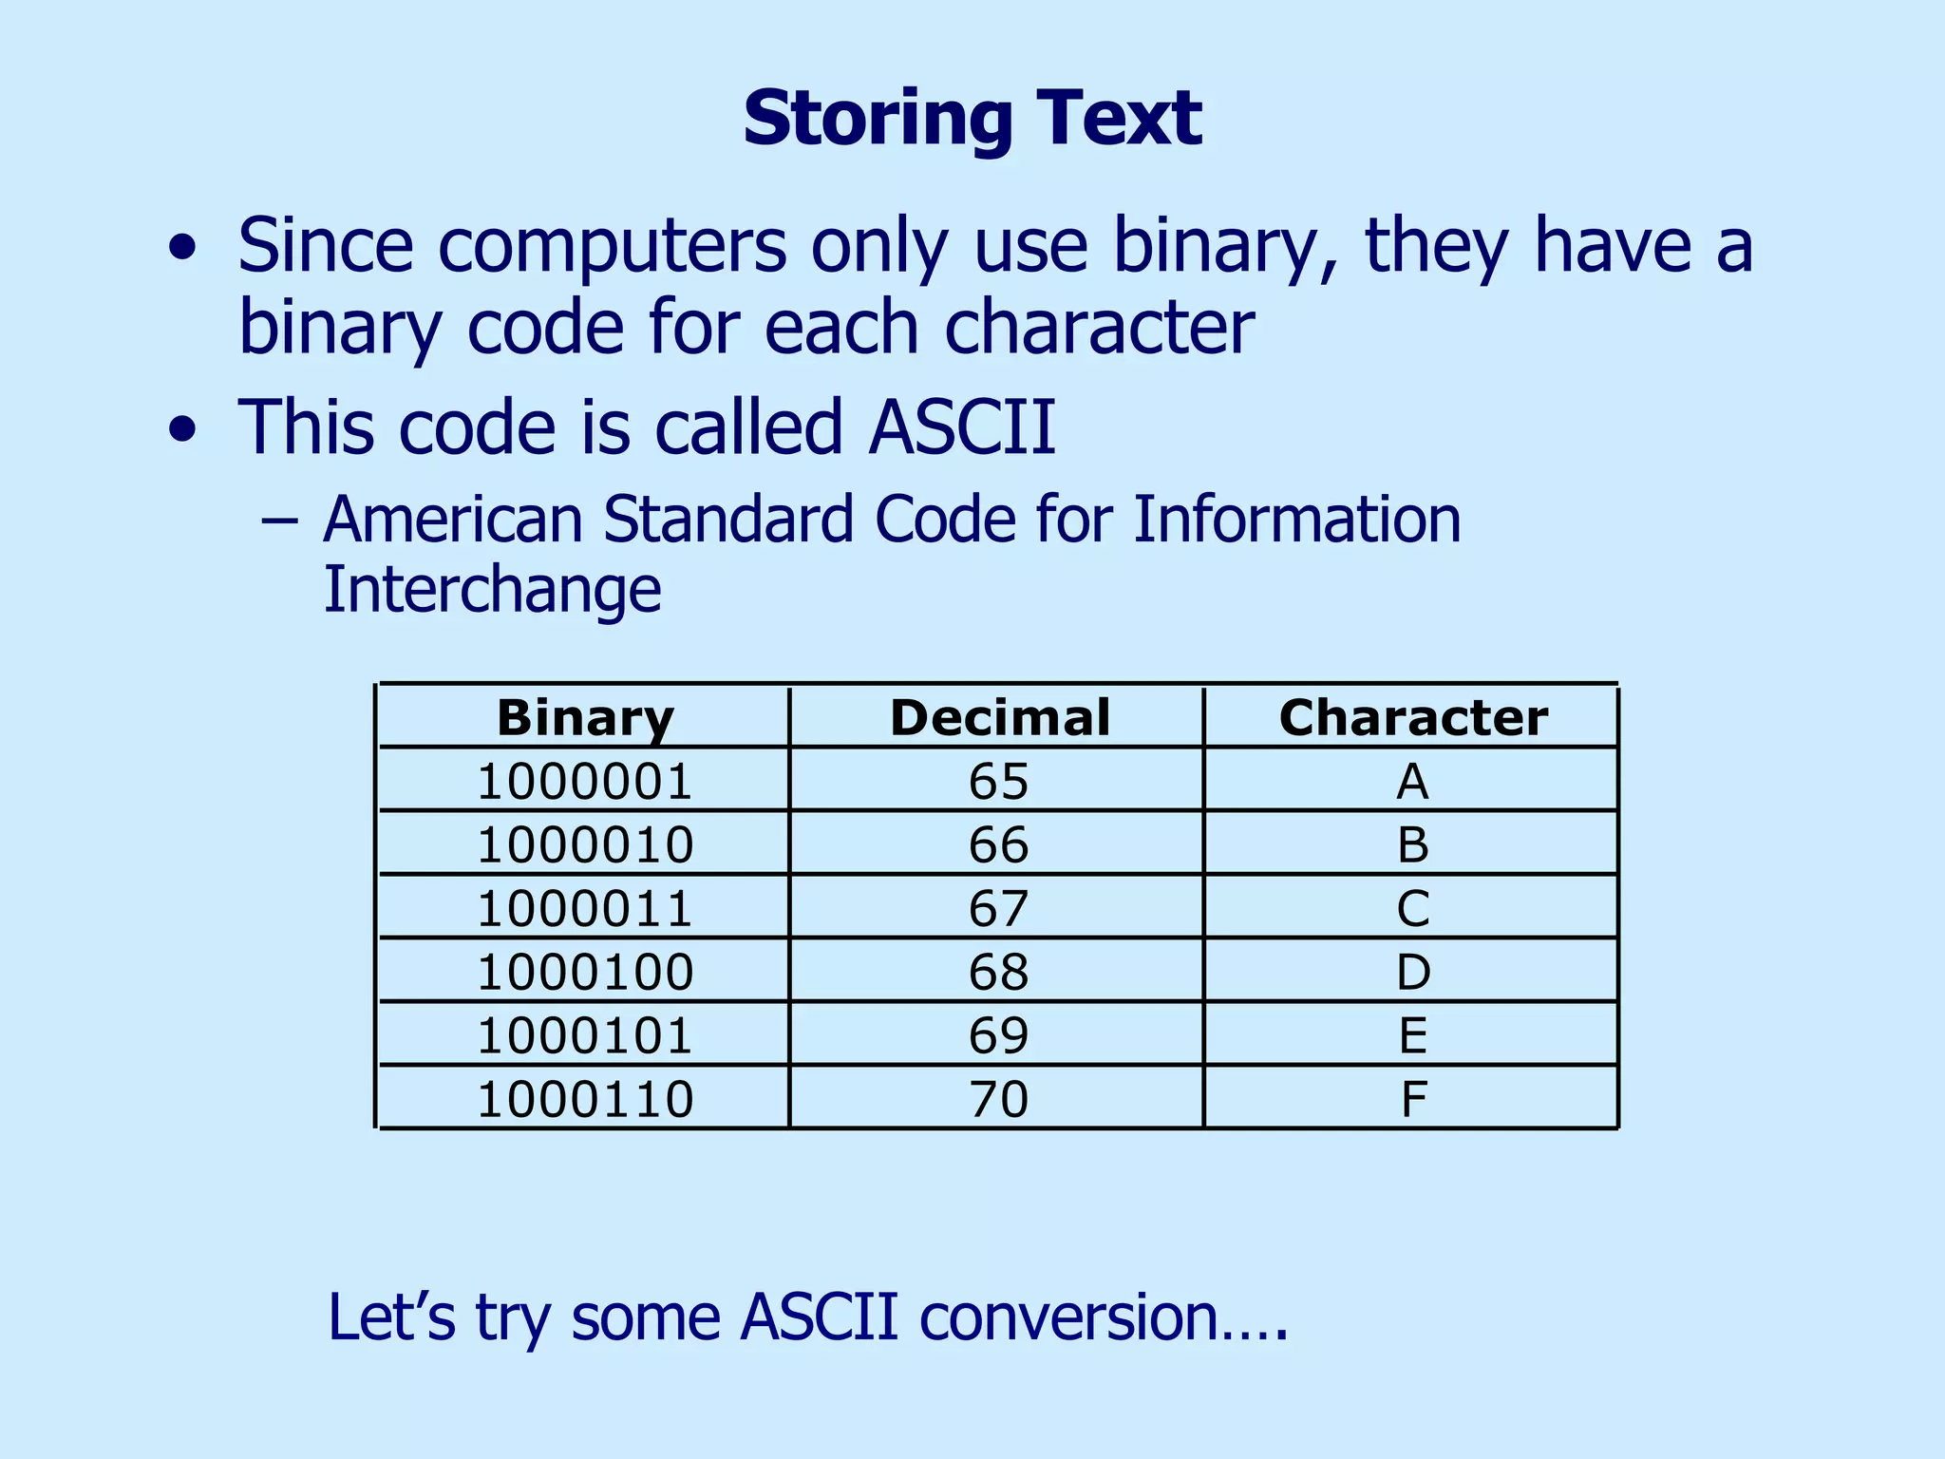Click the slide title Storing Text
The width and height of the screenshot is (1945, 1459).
[x=972, y=118]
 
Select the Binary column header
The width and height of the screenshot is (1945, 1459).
[x=585, y=717]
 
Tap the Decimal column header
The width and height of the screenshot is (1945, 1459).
[x=999, y=717]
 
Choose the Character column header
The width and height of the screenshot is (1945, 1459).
[x=1412, y=717]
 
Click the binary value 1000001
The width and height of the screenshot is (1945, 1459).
[x=585, y=782]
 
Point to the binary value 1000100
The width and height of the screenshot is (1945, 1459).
[x=585, y=972]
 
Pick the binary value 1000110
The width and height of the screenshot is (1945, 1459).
[x=585, y=1099]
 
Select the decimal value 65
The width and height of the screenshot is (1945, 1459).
[x=999, y=782]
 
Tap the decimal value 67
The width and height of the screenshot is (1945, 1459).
[x=999, y=908]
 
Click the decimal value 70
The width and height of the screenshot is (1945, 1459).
[x=999, y=1099]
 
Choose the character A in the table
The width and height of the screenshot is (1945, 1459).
[x=1412, y=782]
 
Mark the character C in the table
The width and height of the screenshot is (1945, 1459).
[x=1412, y=908]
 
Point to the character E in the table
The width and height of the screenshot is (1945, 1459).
[x=1412, y=1035]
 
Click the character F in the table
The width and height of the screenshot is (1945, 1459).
[x=1413, y=1099]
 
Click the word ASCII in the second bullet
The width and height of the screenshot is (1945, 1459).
[x=961, y=426]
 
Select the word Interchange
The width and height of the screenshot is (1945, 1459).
[x=492, y=590]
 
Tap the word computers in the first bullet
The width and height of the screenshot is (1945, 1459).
[x=612, y=246]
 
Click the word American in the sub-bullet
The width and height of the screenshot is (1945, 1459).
[x=452, y=520]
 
